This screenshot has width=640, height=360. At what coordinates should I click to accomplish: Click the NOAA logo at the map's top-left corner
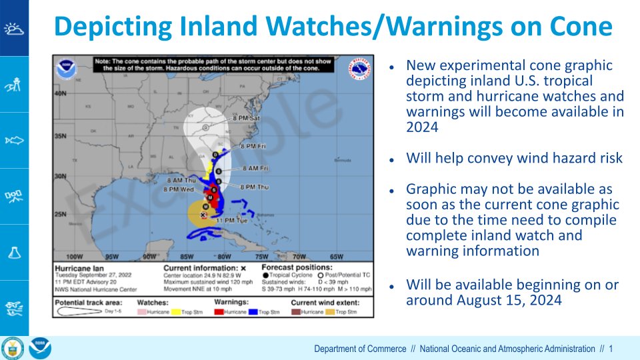(66, 69)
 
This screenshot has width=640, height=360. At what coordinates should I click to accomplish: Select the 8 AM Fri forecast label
(255, 168)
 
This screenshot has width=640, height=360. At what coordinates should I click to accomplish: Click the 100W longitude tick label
(75, 256)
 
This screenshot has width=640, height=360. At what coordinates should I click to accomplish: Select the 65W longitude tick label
(336, 256)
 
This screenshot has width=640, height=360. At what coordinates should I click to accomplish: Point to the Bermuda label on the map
(342, 161)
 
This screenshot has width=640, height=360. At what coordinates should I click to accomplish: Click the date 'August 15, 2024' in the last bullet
(509, 301)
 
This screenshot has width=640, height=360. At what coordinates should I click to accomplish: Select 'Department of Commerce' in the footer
(360, 349)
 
